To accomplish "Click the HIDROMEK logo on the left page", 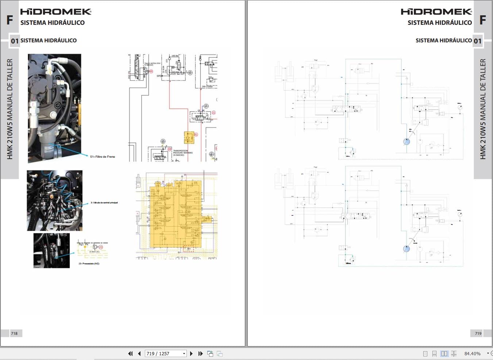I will pos(55,12).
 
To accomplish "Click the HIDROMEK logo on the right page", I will pos(436,12).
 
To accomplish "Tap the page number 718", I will pos(14,333).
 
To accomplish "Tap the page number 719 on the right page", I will pos(478,333).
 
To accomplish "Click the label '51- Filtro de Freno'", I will pos(103,157).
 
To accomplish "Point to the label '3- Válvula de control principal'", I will pos(104,203).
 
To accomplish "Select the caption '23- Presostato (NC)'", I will pos(89,264).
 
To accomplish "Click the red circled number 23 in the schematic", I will pos(101,247).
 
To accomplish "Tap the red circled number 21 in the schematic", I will pos(213,113).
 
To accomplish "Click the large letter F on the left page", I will pos(10,20).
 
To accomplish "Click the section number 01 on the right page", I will pos(478,41).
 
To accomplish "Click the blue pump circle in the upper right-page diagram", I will pos(407,142).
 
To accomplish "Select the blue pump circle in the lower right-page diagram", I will pos(407,249).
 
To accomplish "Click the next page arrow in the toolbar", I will pos(191,353).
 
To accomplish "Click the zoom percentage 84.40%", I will pos(472,353).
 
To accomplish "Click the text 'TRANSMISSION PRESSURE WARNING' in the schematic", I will pos(181,152).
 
